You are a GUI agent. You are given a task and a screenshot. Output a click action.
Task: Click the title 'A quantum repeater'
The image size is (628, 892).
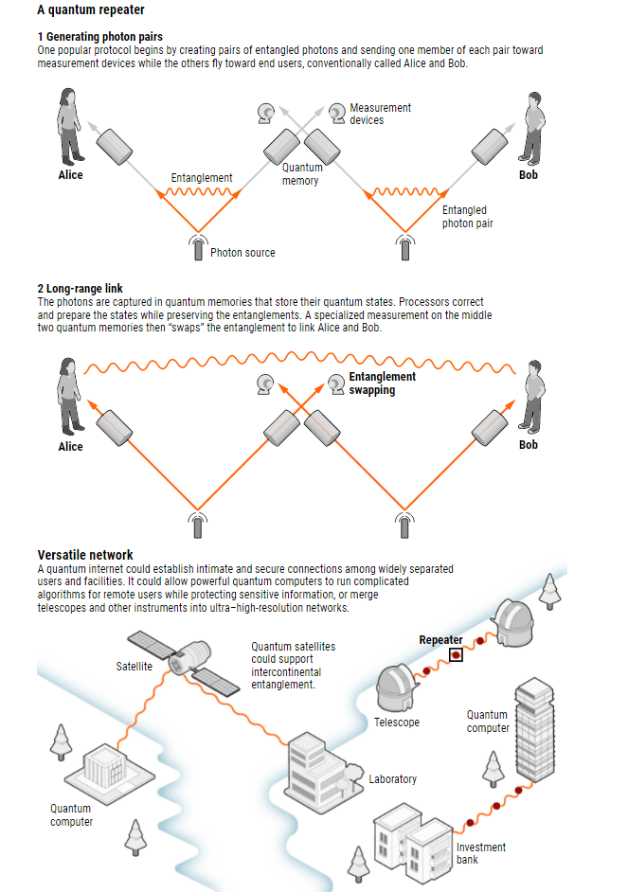(91, 10)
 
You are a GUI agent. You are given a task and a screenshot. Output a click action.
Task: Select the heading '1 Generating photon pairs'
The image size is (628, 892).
(99, 37)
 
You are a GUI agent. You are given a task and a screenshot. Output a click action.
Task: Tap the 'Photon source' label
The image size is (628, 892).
(242, 253)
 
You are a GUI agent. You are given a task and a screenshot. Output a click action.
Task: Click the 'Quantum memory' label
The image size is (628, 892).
(301, 174)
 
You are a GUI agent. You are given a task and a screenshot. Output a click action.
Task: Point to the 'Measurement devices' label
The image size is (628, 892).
(380, 114)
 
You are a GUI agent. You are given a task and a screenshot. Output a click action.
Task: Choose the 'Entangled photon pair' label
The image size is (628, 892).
(466, 217)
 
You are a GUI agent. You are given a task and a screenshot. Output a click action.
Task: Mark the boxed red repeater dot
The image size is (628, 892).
(456, 654)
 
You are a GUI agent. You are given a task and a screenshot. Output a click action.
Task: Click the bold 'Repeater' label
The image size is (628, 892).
(440, 640)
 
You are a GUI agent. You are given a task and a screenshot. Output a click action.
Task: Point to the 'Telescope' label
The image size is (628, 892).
(396, 723)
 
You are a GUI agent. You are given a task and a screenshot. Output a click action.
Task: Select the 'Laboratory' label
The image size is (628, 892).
(392, 779)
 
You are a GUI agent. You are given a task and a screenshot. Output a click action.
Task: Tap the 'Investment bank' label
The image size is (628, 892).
(480, 853)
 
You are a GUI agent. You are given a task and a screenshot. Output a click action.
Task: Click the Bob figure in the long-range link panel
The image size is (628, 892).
(532, 397)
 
